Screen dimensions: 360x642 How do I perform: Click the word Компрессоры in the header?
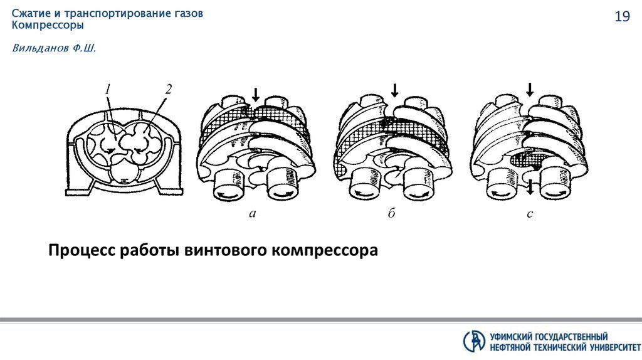click(48, 26)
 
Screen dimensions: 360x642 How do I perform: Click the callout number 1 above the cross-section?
click(108, 90)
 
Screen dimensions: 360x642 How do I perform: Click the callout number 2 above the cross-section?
click(168, 88)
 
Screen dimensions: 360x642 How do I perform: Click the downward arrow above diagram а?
click(255, 95)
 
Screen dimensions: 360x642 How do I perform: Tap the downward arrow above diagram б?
click(394, 90)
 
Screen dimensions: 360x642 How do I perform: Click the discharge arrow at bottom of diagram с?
click(530, 186)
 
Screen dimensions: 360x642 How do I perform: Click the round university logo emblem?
click(474, 341)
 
